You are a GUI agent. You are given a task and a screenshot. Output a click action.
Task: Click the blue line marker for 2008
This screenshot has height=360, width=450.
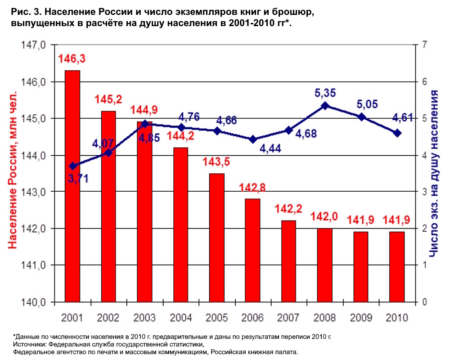pos(325,106)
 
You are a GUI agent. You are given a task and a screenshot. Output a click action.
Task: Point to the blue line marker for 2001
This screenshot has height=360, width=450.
pos(72,166)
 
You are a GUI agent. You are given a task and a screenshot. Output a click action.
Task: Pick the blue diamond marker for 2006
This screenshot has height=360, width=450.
pos(253,139)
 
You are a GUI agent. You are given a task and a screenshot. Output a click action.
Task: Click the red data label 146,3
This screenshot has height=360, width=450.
pos(72,58)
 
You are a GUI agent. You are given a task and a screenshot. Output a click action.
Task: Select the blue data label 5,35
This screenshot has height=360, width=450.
pos(325,93)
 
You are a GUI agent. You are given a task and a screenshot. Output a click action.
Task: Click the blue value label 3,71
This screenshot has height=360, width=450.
pos(78,178)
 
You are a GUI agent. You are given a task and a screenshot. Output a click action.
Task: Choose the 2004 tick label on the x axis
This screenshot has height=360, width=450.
pos(180,317)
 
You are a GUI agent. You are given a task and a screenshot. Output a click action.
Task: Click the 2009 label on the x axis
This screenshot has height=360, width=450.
pos(361,317)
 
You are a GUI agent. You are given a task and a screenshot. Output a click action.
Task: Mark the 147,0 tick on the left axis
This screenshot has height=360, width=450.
pos(34,45)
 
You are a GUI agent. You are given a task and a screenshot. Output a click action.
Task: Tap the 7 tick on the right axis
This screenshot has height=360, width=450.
pos(423,45)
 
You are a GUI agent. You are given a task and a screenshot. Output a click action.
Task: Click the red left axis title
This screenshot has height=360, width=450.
pos(13,173)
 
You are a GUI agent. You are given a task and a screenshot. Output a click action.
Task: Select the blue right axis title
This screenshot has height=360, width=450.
pos(434,173)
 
